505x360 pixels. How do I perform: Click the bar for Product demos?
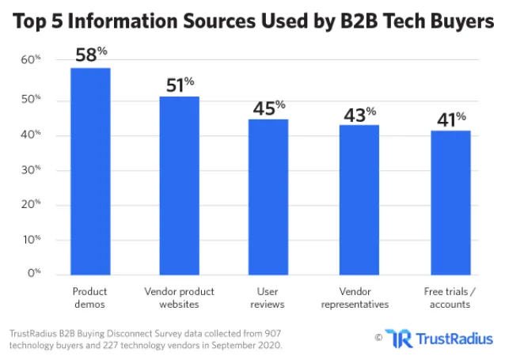coord(90,170)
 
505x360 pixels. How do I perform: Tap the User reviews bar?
coord(268,196)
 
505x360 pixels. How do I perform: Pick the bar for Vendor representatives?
coord(359,199)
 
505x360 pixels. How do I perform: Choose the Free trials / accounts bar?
coord(450,202)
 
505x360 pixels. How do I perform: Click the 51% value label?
coord(180,85)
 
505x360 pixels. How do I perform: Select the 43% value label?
coord(360,114)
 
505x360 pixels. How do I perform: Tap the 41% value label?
coord(450,120)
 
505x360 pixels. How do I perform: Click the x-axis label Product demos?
coord(90,298)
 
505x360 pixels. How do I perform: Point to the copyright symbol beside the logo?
coord(378,338)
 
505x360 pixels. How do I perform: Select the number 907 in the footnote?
coord(256,333)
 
